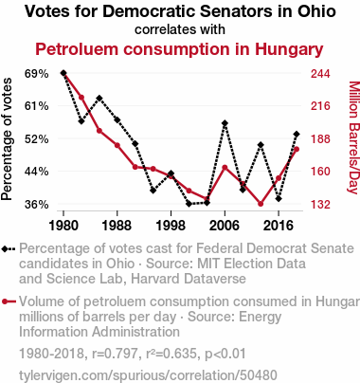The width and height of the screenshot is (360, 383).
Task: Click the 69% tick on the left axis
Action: (x=37, y=74)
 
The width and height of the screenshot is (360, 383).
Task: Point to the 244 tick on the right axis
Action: (x=320, y=74)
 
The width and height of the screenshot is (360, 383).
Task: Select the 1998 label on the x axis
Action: (x=171, y=226)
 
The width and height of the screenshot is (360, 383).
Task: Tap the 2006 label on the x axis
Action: (x=225, y=226)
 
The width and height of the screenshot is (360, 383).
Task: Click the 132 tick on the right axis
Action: (x=320, y=205)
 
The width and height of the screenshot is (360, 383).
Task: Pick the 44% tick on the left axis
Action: (x=37, y=172)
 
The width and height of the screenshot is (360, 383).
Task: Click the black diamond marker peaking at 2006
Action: (x=225, y=123)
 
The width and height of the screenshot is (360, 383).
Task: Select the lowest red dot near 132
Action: (x=261, y=204)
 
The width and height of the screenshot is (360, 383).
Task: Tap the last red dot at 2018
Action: (x=297, y=149)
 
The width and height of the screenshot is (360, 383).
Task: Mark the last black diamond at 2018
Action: (x=297, y=135)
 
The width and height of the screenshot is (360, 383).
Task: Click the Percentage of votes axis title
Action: (x=7, y=139)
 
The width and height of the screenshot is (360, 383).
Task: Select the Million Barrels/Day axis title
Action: (x=353, y=137)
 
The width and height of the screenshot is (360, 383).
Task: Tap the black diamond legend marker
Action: (x=5, y=249)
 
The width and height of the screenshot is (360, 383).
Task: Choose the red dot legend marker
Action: (x=5, y=302)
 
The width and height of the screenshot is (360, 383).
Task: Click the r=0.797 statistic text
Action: (x=115, y=354)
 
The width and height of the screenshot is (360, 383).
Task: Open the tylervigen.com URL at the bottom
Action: (x=148, y=375)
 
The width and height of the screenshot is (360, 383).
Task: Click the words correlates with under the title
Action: (x=180, y=29)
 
